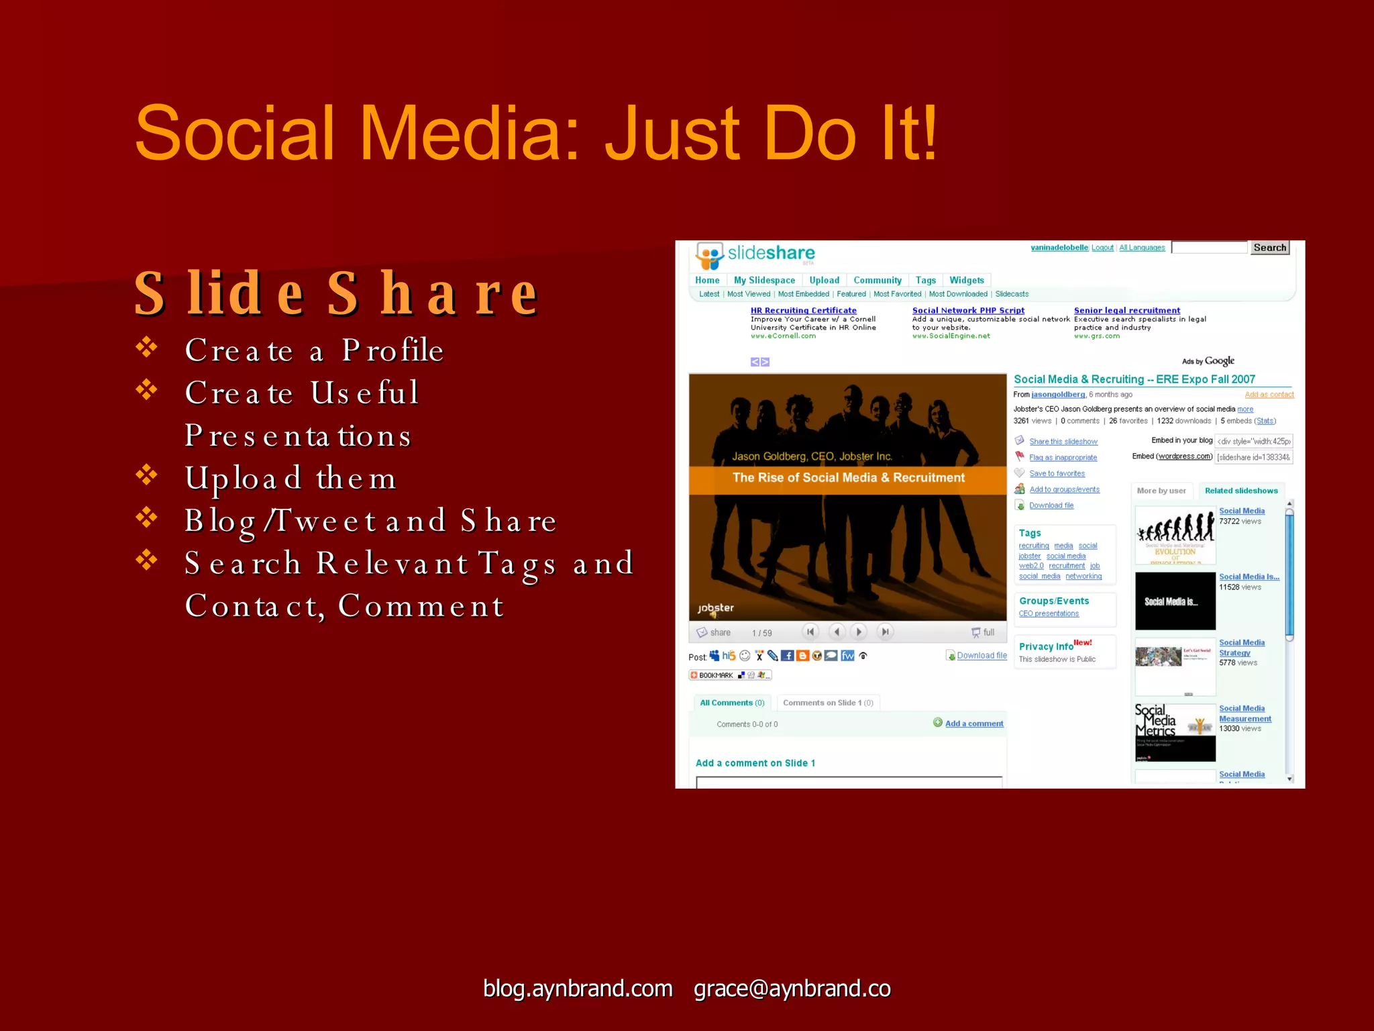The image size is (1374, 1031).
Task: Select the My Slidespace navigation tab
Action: point(764,281)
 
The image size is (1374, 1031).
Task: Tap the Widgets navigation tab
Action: point(966,281)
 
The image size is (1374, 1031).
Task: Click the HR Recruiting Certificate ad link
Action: point(803,311)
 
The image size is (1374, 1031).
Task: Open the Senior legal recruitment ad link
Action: point(1126,311)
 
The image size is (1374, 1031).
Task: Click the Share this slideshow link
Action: point(1063,442)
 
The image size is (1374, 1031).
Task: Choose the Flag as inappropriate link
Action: point(1063,458)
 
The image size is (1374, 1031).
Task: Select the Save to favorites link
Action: point(1057,474)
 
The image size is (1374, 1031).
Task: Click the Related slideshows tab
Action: point(1240,491)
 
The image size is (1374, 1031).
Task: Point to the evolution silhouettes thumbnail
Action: point(1175,535)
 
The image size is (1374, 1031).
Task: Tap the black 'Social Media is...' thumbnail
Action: point(1175,601)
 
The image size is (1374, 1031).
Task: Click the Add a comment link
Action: point(973,724)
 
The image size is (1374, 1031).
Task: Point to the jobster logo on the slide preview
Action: point(715,609)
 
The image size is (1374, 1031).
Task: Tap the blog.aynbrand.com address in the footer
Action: point(578,989)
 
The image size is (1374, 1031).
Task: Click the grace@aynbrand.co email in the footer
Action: point(792,989)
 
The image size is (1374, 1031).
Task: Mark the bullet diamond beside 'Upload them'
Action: point(146,475)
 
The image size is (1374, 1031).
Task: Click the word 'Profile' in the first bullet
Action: point(392,350)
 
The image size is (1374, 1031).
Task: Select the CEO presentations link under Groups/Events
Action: point(1049,613)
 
